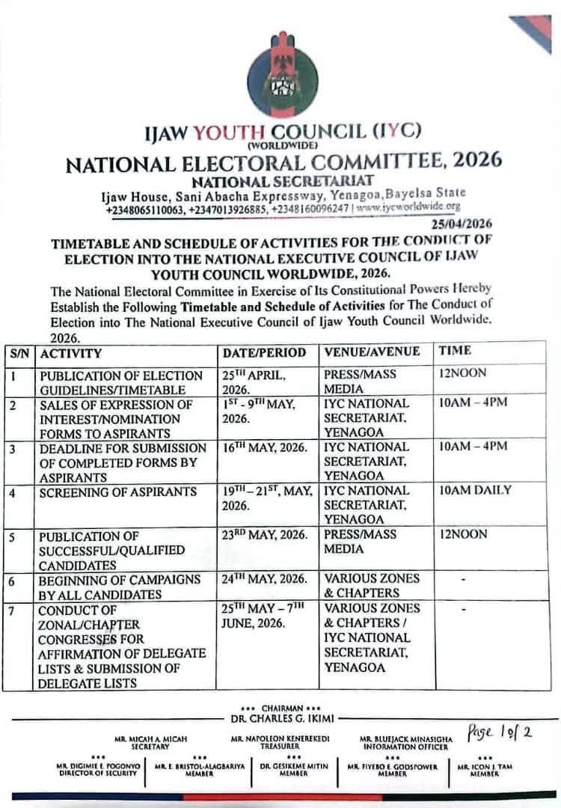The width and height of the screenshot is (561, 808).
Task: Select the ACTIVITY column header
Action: [71, 352]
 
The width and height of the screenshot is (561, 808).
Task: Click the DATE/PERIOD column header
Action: [264, 352]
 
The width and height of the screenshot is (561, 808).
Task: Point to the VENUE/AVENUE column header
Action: [372, 352]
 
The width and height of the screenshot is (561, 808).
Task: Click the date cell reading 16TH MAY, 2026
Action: [260, 447]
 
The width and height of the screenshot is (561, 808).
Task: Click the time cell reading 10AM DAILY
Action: [475, 491]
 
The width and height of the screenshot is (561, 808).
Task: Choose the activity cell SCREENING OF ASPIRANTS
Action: [118, 492]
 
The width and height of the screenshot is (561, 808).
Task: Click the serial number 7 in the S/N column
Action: [14, 608]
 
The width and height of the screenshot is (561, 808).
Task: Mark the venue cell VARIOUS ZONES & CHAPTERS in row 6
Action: [372, 586]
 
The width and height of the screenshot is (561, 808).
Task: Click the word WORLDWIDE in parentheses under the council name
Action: [282, 144]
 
